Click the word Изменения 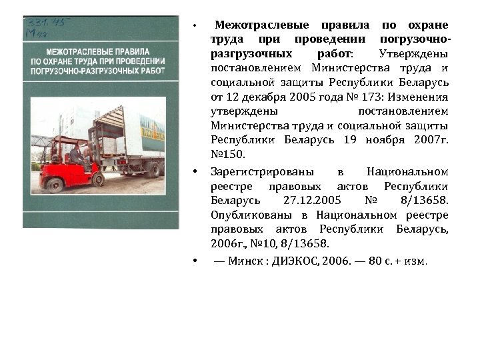423,97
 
